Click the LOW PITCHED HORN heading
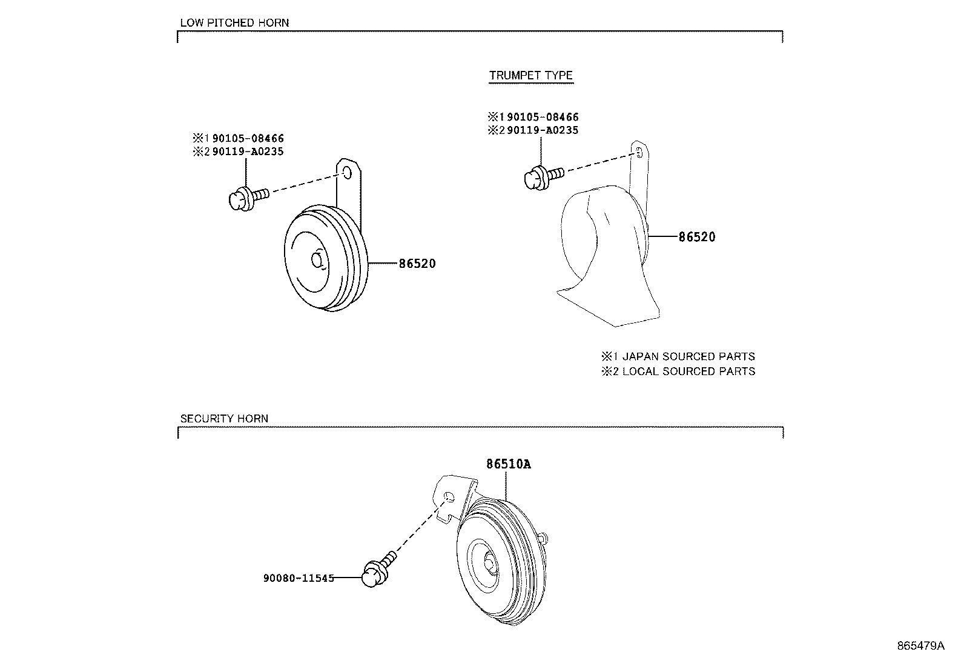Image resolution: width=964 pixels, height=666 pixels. (234, 23)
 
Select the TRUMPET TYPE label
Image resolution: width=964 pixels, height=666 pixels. (530, 76)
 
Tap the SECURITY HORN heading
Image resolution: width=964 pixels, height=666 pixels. (224, 419)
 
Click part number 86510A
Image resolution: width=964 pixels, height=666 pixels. (508, 464)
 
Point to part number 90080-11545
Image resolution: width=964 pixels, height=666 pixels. (298, 578)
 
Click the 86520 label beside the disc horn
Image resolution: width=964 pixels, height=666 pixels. (417, 264)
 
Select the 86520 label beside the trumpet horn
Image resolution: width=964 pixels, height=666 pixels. (696, 237)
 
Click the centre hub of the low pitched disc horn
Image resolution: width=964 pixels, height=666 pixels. (317, 260)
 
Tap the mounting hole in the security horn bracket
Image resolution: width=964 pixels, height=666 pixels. (449, 498)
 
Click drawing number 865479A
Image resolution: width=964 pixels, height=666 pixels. (920, 645)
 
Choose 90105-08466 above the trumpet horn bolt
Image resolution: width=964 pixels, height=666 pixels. (542, 117)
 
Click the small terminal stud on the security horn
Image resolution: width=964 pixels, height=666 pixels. (544, 536)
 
